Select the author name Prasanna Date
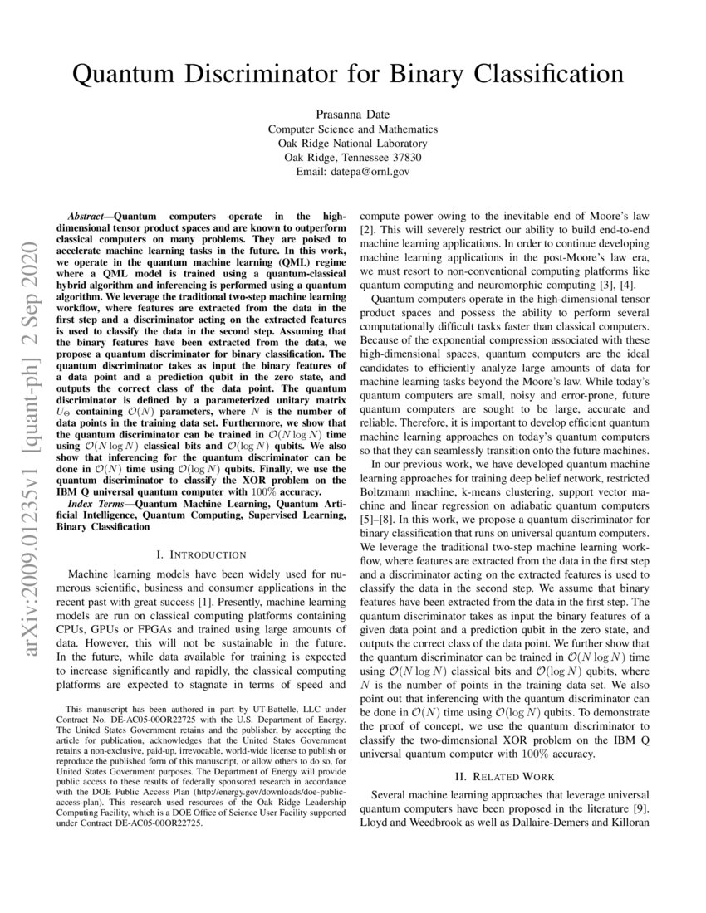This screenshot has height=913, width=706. (352, 115)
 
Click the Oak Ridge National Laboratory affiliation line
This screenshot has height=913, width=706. (352, 144)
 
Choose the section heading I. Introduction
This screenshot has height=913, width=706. (200, 554)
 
